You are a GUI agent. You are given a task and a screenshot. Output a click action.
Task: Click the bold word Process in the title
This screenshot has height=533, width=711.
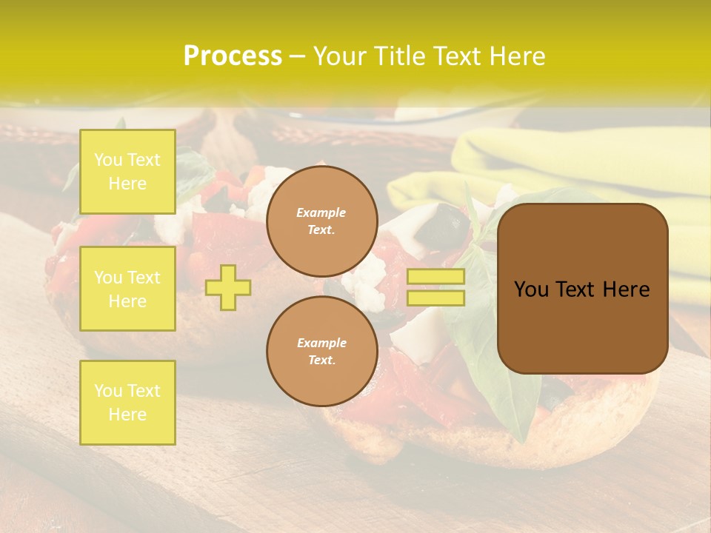(233, 56)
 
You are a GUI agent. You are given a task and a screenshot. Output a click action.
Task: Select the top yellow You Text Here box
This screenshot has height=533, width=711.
(127, 172)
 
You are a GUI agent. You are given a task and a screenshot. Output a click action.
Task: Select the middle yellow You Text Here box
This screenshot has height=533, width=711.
(127, 289)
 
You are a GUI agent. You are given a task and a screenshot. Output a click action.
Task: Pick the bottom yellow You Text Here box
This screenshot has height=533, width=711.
(127, 403)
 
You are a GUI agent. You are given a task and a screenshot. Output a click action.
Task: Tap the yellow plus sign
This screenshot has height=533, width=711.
(228, 287)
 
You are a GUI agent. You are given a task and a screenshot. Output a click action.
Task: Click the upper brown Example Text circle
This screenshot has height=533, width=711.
(322, 221)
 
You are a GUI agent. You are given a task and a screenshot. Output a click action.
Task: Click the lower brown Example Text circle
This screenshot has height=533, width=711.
(322, 352)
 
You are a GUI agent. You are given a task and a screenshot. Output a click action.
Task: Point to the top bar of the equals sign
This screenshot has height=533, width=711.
(436, 277)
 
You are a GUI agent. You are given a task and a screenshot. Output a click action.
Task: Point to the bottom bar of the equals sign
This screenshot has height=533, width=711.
(436, 298)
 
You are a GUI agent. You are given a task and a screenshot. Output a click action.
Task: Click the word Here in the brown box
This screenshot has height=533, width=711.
(626, 289)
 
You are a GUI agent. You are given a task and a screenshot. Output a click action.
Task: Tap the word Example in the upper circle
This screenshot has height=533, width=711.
(321, 212)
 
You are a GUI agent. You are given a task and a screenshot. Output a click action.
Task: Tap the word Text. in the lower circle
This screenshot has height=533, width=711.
(322, 361)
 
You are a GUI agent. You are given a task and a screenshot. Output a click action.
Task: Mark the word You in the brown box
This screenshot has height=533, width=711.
(530, 289)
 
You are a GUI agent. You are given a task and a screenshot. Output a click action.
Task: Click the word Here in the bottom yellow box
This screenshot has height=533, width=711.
(127, 415)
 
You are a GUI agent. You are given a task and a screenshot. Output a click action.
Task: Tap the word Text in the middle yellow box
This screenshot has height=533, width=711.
(144, 278)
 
